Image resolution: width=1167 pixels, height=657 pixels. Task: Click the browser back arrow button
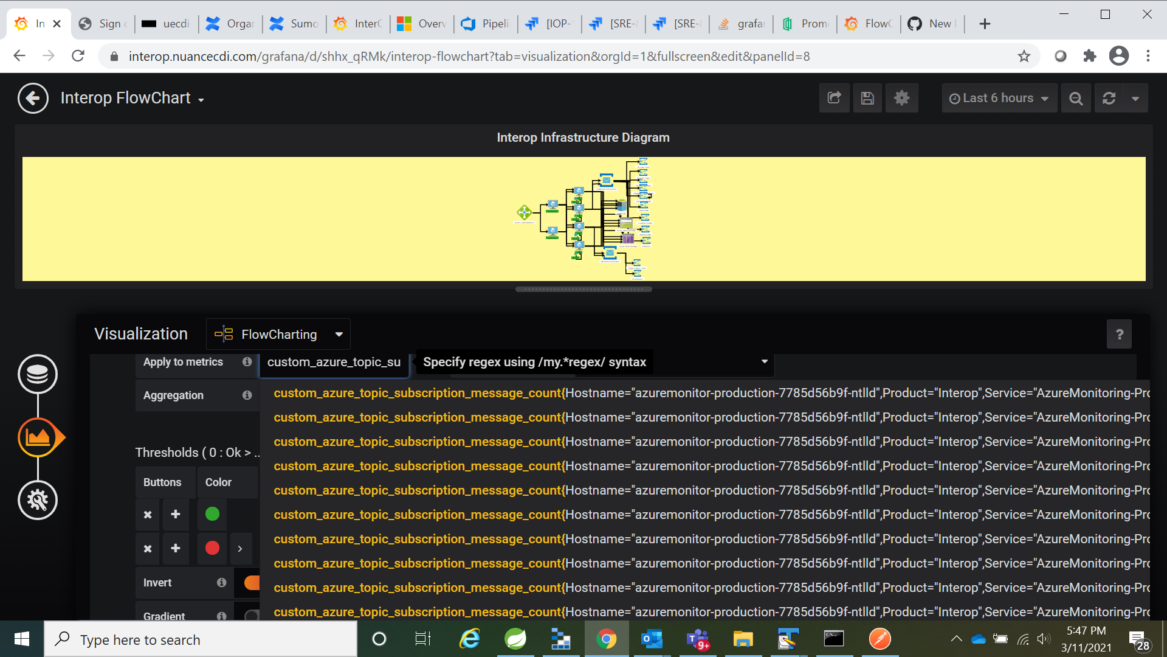tap(19, 56)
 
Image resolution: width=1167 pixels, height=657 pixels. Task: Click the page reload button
tap(78, 56)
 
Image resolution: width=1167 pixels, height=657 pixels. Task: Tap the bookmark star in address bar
tap(1024, 56)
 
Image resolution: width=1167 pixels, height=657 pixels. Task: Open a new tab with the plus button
tap(985, 24)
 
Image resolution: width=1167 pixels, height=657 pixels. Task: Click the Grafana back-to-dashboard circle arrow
tap(33, 98)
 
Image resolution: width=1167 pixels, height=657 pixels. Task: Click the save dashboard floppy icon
tap(867, 98)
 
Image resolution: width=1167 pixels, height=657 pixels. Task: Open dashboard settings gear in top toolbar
tap(901, 98)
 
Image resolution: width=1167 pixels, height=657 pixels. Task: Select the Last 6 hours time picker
tap(998, 98)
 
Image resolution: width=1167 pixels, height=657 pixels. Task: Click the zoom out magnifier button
tap(1075, 98)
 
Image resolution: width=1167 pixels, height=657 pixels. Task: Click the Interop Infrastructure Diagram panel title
tap(583, 137)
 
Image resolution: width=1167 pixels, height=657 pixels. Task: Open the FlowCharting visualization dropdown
tap(278, 334)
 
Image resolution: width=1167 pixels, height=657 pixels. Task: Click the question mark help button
tap(1119, 334)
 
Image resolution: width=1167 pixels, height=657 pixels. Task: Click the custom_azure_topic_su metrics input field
tap(334, 362)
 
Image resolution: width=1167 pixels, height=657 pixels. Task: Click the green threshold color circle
tap(212, 514)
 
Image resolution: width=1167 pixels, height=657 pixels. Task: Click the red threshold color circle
tap(212, 548)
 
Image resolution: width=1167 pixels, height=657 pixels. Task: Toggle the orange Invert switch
tap(251, 582)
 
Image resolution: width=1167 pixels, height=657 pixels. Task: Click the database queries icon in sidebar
tap(38, 374)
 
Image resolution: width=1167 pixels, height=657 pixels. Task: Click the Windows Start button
tap(22, 639)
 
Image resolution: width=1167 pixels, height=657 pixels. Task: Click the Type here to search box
tap(201, 639)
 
